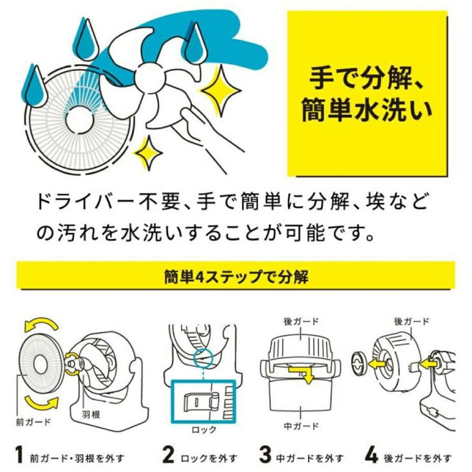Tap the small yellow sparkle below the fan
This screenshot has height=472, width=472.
pos(149,153)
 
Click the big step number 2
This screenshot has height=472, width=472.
pos(168,455)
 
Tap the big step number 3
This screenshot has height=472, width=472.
pos(265,455)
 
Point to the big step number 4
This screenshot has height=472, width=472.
pos(371,455)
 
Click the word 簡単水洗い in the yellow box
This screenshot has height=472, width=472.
pos(367,110)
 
